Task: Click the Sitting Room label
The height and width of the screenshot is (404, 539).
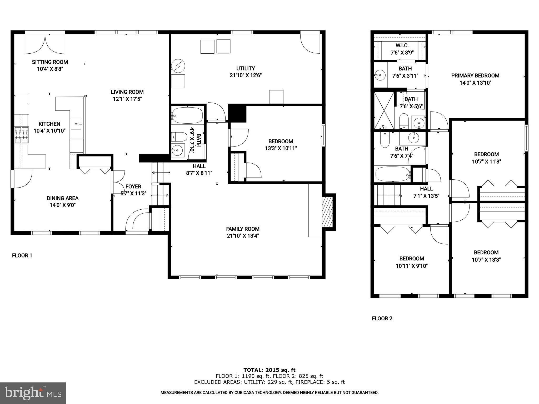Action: (50, 62)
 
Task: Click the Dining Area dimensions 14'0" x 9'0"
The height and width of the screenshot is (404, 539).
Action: (63, 205)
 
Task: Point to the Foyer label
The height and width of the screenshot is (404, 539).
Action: (133, 186)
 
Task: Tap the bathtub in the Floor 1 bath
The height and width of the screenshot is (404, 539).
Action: (187, 115)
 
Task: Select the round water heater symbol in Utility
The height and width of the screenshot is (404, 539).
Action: (178, 66)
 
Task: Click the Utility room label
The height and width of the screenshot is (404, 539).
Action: (246, 68)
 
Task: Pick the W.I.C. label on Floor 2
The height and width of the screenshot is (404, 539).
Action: (402, 46)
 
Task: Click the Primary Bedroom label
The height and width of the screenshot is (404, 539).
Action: (475, 76)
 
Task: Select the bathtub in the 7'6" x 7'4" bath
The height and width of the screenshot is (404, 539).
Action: (392, 174)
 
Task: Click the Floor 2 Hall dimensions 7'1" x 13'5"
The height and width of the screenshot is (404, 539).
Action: (426, 196)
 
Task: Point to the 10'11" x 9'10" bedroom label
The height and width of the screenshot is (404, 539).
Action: (412, 259)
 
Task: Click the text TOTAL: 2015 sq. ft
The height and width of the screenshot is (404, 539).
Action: (269, 370)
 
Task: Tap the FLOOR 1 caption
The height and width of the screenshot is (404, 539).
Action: (22, 255)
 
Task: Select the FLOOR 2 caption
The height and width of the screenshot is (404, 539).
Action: (382, 319)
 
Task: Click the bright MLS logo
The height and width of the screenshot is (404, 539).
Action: (33, 393)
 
